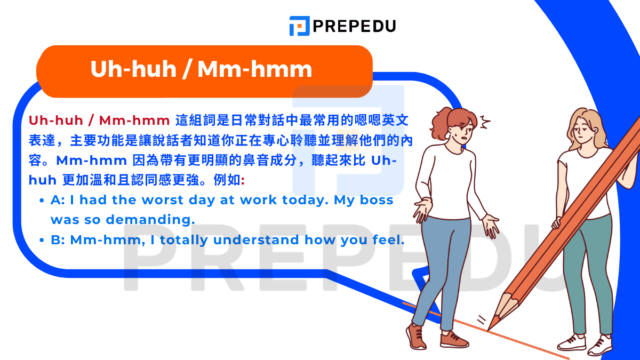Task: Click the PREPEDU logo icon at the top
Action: (x=299, y=26)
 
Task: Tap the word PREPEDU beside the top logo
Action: (x=354, y=26)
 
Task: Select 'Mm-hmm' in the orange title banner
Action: (x=254, y=70)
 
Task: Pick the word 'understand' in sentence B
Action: (x=257, y=240)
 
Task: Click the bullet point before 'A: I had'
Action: (x=42, y=201)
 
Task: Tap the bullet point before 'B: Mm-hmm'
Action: (x=42, y=241)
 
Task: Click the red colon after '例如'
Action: (x=243, y=180)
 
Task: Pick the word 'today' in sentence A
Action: (x=306, y=200)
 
